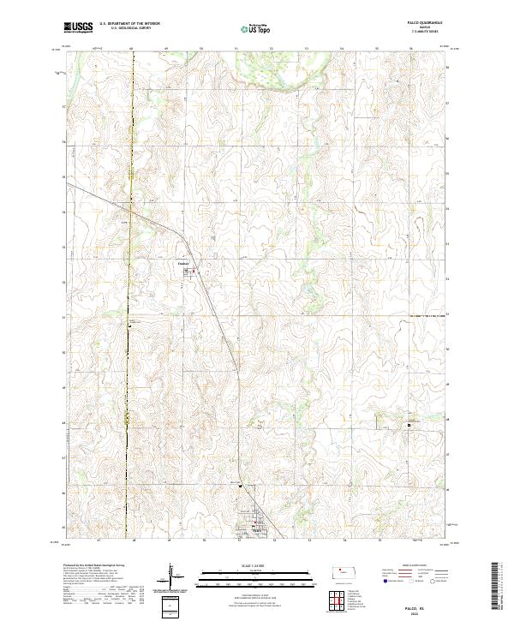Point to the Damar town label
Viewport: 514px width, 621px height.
pyautogui.click(x=182, y=263)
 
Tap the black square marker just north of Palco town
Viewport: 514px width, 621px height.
pyautogui.click(x=241, y=487)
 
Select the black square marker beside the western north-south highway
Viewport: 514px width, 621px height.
pyautogui.click(x=129, y=325)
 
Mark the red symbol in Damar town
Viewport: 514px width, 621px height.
pyautogui.click(x=194, y=272)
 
